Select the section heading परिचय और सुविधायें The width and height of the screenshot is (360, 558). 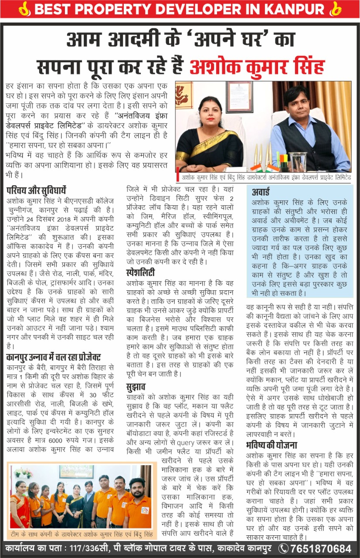tap(36, 190)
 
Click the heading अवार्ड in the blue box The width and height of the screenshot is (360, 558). tap(261, 192)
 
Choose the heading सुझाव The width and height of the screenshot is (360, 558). tap(136, 387)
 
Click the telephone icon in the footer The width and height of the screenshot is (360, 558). tap(283, 548)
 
